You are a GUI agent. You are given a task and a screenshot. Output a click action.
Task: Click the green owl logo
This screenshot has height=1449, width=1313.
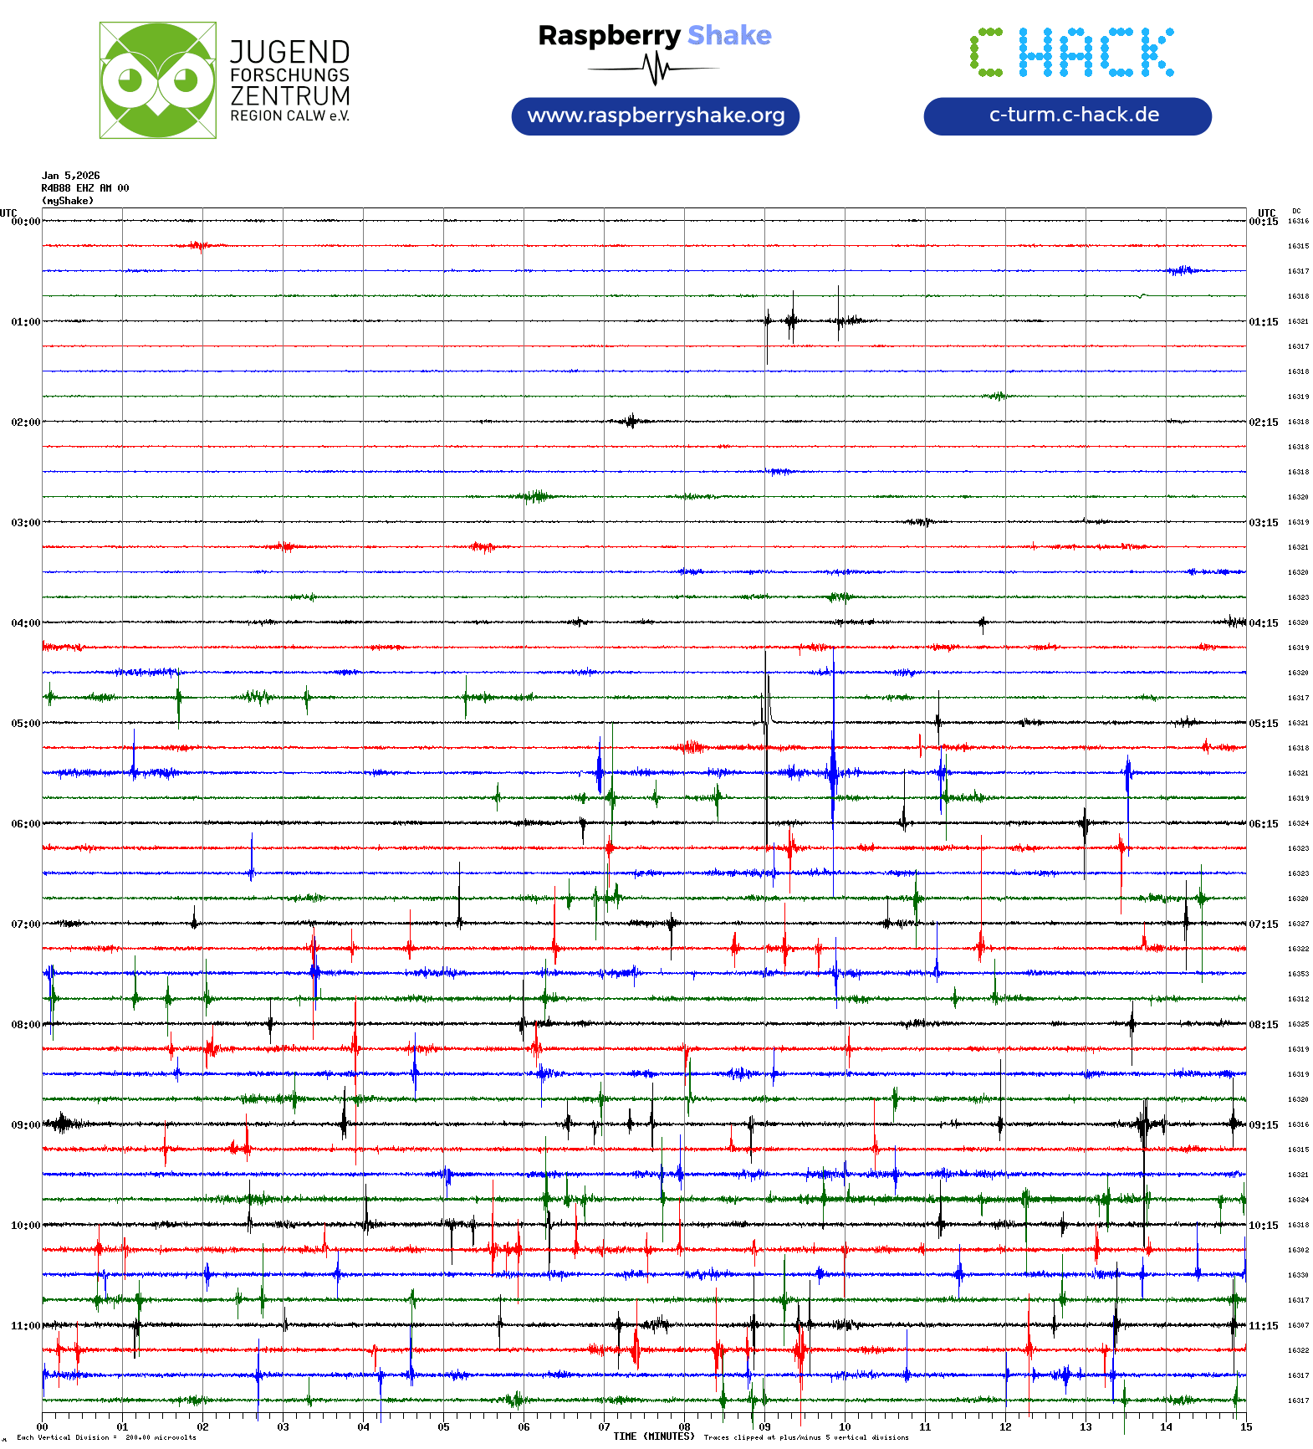point(157,80)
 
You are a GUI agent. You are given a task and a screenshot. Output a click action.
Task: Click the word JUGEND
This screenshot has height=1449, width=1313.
point(289,52)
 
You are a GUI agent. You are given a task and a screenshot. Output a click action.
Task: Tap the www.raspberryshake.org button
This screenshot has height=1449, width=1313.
point(656,115)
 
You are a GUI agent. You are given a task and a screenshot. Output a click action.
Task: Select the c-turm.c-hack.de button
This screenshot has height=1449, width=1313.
point(1067,115)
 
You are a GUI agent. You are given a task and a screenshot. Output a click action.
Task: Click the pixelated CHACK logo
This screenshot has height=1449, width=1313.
point(1071,52)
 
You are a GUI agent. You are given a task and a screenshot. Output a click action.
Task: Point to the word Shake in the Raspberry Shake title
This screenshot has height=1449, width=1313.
point(729,35)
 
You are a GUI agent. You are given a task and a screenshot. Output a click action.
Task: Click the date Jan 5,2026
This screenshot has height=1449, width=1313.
point(70,176)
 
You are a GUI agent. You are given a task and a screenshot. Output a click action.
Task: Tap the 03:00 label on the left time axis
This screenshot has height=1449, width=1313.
point(25,522)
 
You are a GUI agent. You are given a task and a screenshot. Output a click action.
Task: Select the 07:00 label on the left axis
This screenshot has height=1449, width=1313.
point(25,924)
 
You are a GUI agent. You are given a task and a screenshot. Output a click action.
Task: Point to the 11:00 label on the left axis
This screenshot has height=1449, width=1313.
point(25,1325)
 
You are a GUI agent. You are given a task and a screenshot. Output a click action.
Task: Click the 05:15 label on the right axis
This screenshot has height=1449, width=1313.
point(1263,723)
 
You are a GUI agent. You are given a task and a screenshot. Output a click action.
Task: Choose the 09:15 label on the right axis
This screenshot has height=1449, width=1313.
point(1263,1124)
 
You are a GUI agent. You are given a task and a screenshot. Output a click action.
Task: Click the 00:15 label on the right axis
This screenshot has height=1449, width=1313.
point(1263,221)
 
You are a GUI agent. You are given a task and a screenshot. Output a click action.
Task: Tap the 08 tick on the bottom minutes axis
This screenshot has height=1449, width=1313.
point(684,1426)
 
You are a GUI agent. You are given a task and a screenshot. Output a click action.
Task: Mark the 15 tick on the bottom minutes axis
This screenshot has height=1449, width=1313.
point(1245,1426)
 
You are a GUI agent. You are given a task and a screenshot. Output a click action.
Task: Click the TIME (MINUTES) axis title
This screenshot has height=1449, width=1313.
point(654,1436)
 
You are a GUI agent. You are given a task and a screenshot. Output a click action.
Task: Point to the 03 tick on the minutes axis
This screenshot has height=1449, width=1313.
point(283,1426)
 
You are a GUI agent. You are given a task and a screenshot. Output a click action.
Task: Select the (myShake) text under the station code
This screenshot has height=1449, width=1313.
point(68,201)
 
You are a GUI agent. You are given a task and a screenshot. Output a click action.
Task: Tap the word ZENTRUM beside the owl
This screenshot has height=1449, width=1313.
point(289,95)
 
